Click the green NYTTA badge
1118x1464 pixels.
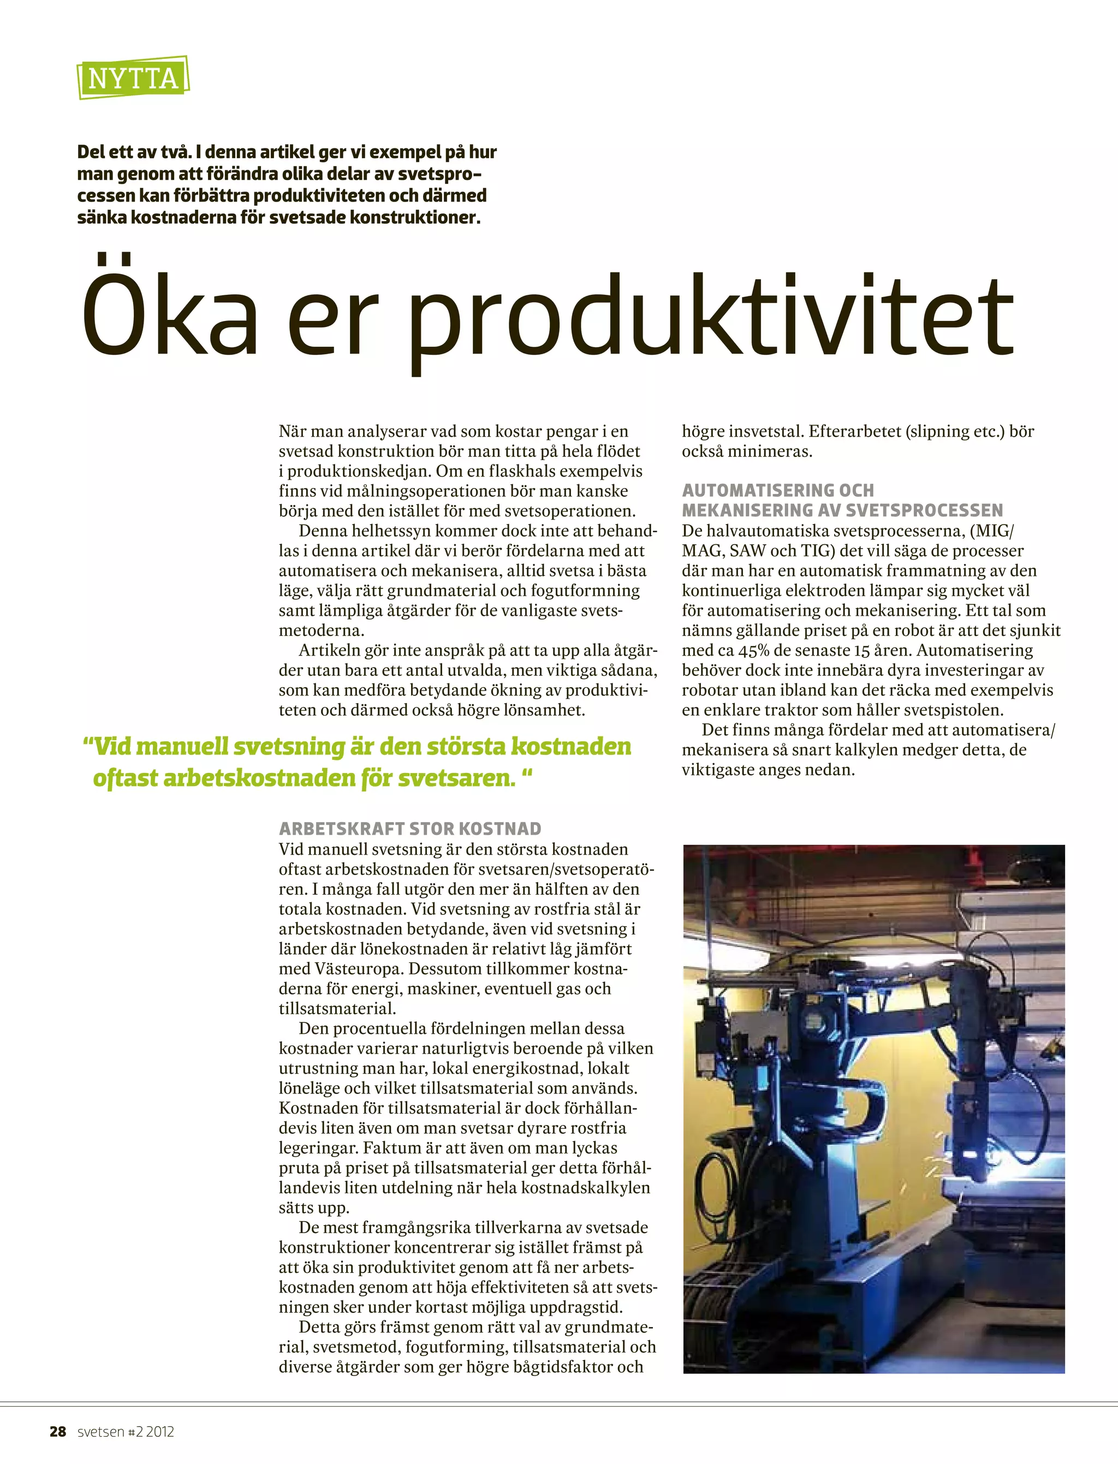click(133, 78)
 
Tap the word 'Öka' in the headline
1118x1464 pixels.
click(170, 310)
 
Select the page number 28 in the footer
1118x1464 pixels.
click(58, 1431)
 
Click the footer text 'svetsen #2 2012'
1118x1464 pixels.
click(126, 1431)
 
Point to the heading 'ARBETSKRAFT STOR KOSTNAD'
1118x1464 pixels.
click(410, 829)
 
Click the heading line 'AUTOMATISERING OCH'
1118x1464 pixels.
click(777, 490)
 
